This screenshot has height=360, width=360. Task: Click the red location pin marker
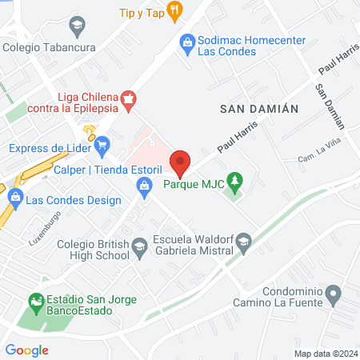pos(180,162)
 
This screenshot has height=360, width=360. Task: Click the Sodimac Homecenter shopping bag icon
pos(186,40)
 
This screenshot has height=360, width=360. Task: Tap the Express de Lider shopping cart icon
pos(102,146)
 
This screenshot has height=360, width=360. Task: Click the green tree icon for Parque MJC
pos(234,182)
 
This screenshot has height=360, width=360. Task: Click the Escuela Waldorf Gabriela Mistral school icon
pos(246,240)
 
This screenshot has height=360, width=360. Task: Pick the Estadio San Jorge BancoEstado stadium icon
pos(35,302)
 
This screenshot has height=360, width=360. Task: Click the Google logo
pos(26,350)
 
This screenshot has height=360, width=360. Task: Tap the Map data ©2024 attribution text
pos(326,353)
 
